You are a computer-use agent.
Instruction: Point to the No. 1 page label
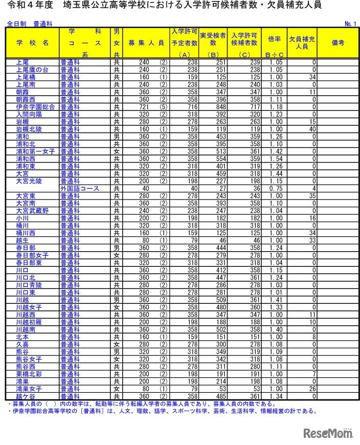pos(350,24)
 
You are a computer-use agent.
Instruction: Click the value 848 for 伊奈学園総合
pos(214,107)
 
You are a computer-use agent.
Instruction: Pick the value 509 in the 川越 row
pos(214,300)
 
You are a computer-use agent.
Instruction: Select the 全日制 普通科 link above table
pos(32,24)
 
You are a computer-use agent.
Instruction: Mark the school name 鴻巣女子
pos(29,389)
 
